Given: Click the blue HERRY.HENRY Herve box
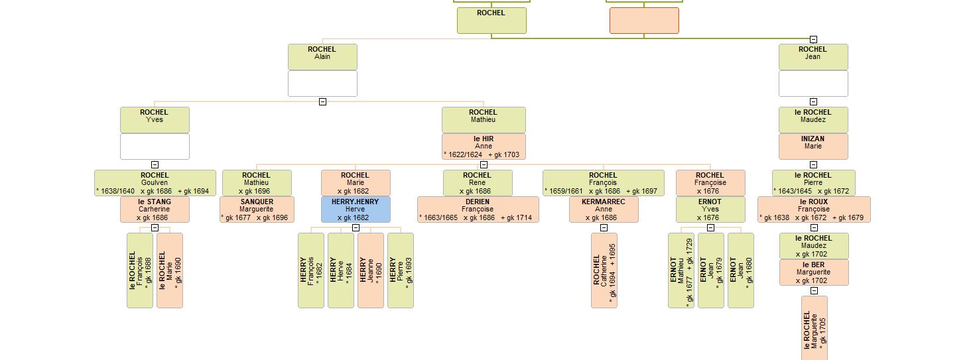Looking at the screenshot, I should click(x=356, y=209).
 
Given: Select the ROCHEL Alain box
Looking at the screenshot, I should click(x=322, y=56).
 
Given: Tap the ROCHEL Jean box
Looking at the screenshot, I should click(x=813, y=56).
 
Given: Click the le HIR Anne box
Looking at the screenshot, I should click(x=484, y=147).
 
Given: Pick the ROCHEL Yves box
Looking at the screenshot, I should click(x=155, y=119).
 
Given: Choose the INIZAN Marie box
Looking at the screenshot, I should click(x=813, y=147).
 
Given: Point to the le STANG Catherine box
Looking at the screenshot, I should click(x=155, y=209).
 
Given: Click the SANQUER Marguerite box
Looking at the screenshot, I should click(x=257, y=209).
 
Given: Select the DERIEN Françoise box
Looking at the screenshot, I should click(x=478, y=209).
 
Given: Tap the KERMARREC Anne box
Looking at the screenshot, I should click(x=603, y=209).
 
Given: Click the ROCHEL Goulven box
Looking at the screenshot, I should click(x=155, y=182).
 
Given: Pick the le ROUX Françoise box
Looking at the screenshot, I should click(x=813, y=209).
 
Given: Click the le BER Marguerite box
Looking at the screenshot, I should click(x=813, y=272).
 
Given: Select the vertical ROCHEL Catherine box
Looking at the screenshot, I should click(x=604, y=270).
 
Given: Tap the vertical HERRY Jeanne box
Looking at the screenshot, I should click(x=370, y=270).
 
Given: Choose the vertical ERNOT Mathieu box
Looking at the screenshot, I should click(x=681, y=270).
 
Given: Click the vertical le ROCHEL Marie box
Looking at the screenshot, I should click(x=170, y=270).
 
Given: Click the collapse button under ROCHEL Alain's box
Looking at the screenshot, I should click(x=322, y=101).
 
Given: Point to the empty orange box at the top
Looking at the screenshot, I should click(x=644, y=20).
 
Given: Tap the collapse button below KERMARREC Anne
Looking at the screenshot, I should click(x=604, y=227).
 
